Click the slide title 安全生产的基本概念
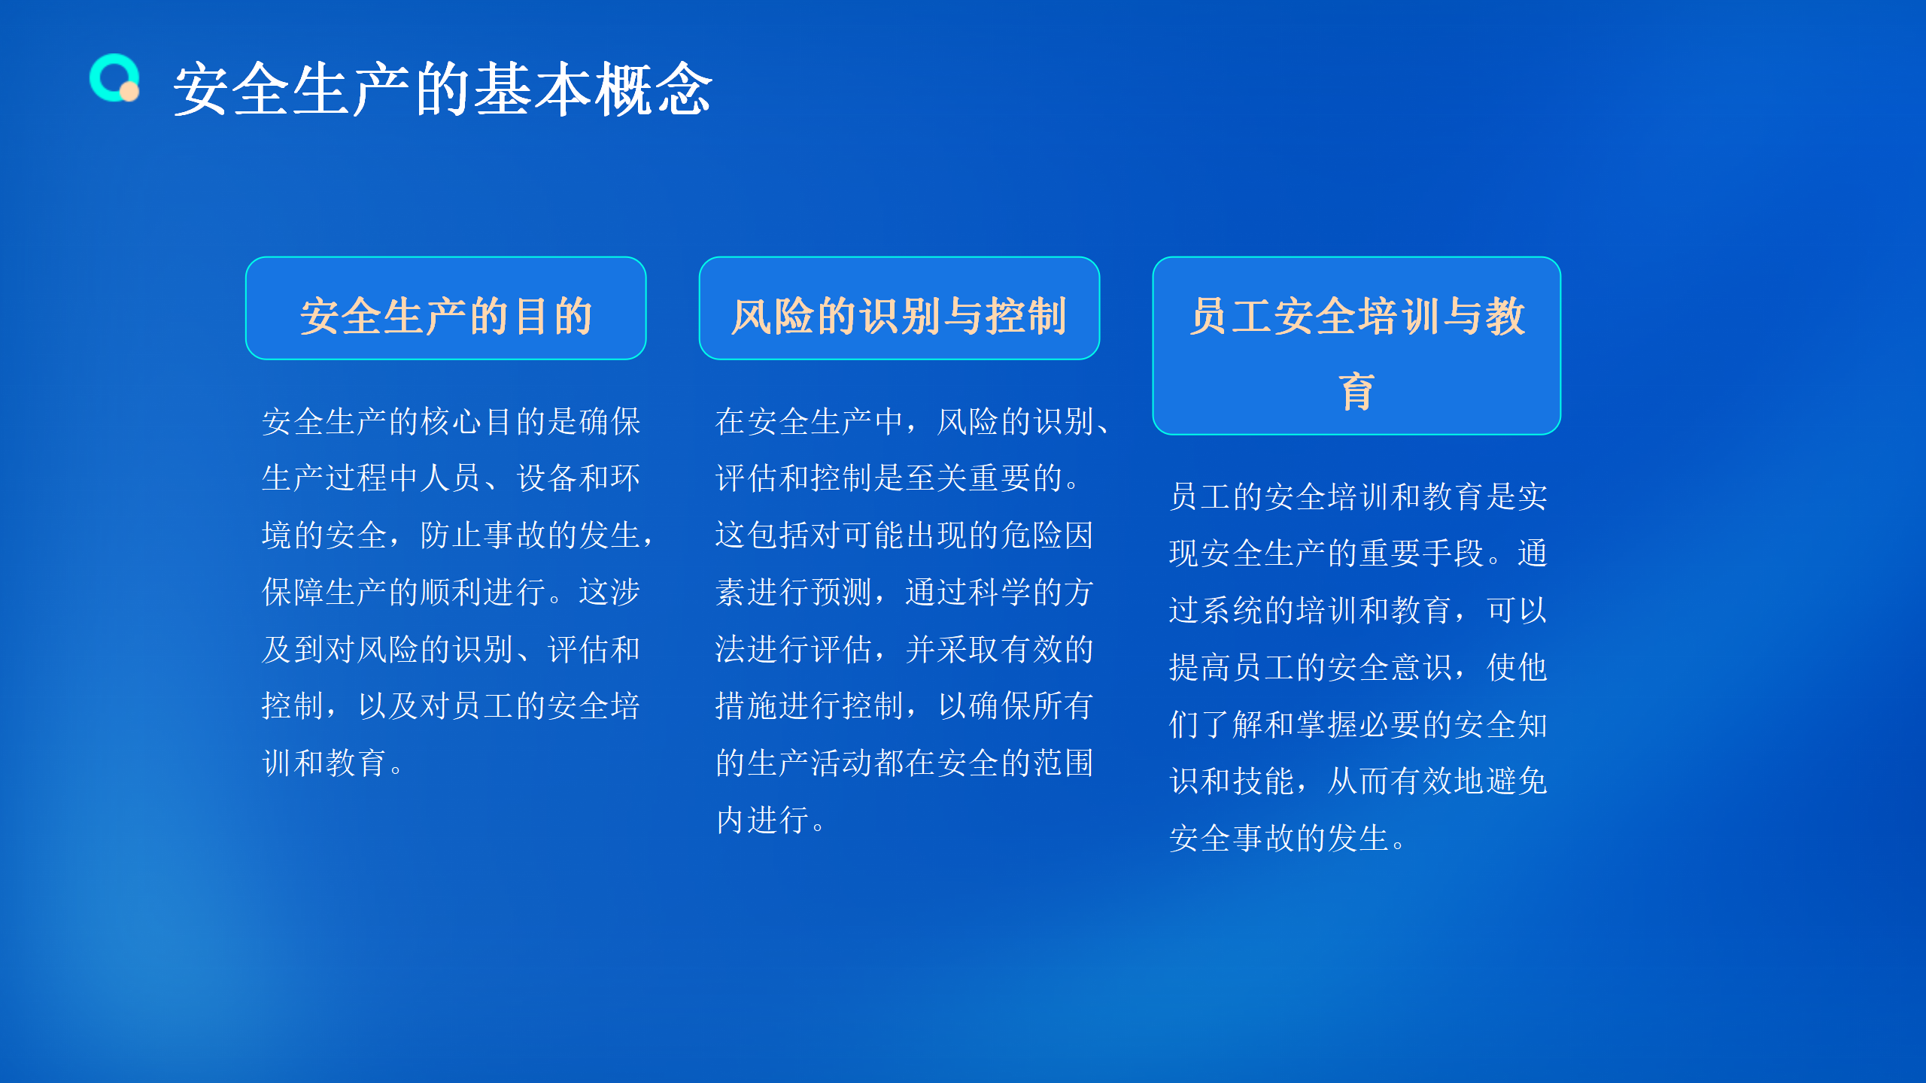point(442,89)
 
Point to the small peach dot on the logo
point(129,92)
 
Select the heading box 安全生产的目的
point(446,308)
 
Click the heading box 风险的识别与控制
point(899,308)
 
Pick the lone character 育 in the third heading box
point(1356,392)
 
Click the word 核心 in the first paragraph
point(452,421)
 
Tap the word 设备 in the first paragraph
point(547,478)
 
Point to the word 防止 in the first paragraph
point(451,535)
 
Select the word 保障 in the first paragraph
point(293,593)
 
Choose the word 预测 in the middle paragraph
point(841,593)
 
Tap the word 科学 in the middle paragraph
point(1000,593)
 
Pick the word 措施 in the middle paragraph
point(746,706)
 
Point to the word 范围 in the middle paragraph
point(1063,763)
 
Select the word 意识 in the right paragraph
point(1422,668)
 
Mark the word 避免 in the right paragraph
point(1517,781)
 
